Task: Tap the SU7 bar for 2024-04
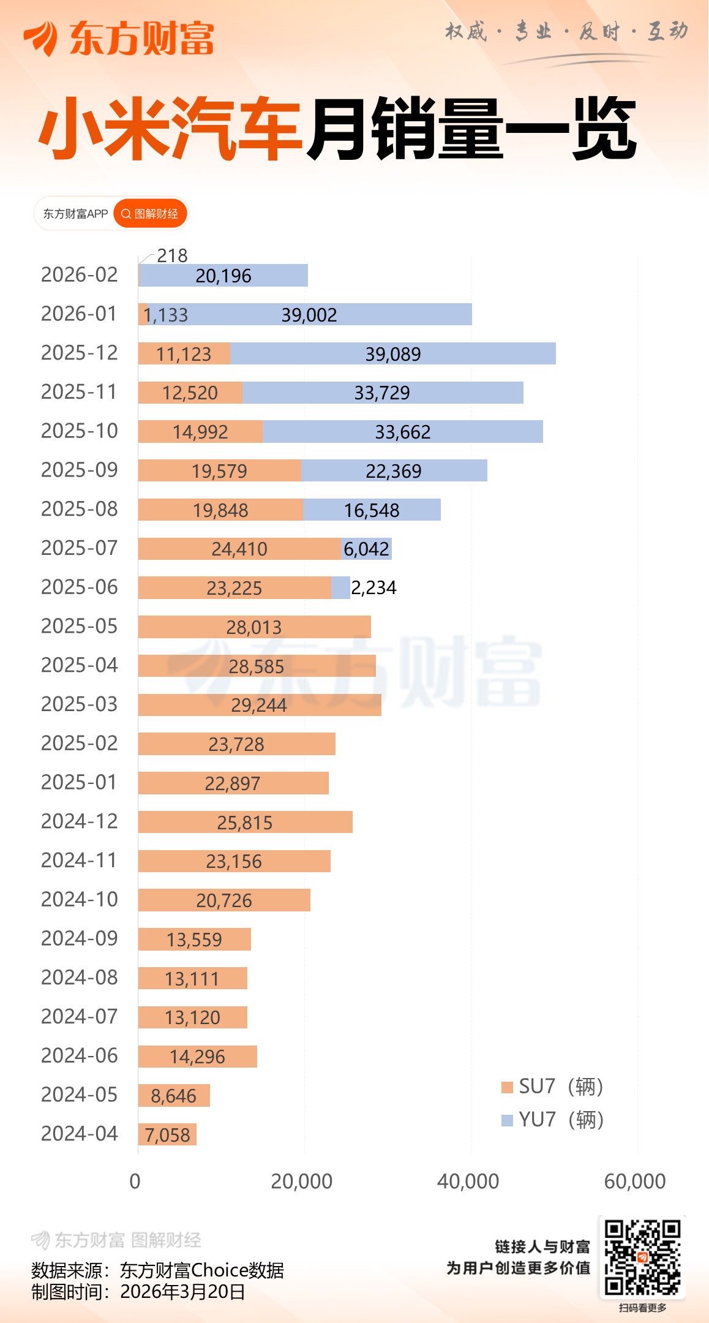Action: tap(167, 1134)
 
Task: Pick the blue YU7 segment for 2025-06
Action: tap(340, 587)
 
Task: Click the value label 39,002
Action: tap(309, 315)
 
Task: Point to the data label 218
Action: tap(172, 255)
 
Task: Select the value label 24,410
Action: tap(239, 549)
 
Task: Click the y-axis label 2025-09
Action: tap(79, 470)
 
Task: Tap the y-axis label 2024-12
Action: tap(79, 821)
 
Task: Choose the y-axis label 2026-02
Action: tap(79, 275)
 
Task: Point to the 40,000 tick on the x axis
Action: tap(468, 1181)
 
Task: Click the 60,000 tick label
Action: tap(635, 1181)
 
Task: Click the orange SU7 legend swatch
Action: tap(507, 1087)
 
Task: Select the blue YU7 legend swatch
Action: tap(507, 1120)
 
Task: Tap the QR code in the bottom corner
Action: tap(642, 1257)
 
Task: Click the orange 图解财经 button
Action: tap(150, 214)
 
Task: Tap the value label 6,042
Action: tap(366, 549)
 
